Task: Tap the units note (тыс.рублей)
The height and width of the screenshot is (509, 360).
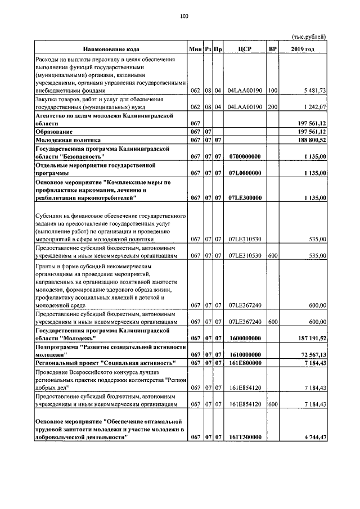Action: [308, 37]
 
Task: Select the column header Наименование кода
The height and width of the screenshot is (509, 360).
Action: [111, 49]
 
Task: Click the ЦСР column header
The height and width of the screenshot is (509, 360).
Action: [245, 49]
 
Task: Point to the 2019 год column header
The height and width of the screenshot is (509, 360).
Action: [303, 49]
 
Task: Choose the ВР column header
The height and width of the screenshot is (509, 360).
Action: [273, 49]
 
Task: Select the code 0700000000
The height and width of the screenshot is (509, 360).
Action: [245, 156]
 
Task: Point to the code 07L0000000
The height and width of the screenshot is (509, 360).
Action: [245, 173]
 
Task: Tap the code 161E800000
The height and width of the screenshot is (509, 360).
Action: [245, 363]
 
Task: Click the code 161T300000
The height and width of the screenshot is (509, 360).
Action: [245, 438]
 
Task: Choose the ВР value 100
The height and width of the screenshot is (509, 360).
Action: [273, 90]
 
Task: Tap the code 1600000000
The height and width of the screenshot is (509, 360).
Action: [245, 338]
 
